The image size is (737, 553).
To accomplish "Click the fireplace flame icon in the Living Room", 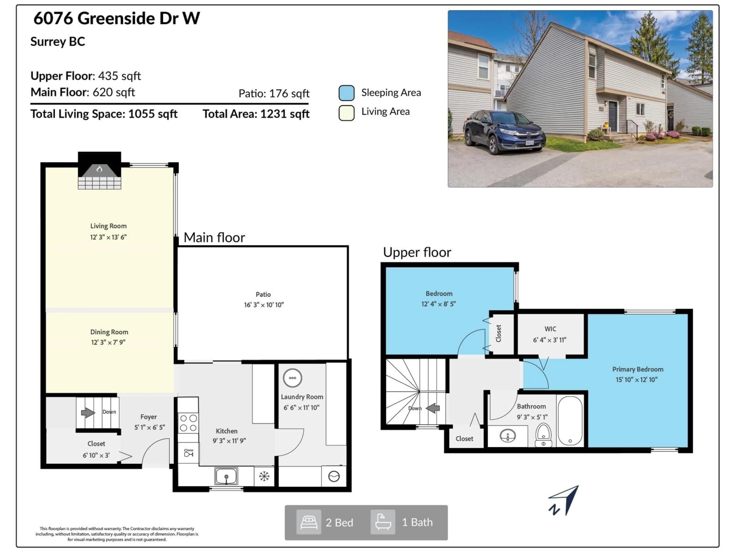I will pos(99,169).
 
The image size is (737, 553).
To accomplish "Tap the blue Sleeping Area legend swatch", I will pos(346,93).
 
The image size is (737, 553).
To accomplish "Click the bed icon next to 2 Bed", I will pos(309,522).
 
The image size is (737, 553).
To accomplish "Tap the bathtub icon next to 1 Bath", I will pos(383,522).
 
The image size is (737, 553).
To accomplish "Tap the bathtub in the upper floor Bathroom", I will pos(570,421).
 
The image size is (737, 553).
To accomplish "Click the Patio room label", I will pos(263,294).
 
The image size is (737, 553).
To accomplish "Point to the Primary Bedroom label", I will pos(637,369).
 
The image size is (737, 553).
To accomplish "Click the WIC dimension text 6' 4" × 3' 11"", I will pos(550,340).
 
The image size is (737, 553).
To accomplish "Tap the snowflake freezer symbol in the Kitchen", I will pos(264,476).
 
